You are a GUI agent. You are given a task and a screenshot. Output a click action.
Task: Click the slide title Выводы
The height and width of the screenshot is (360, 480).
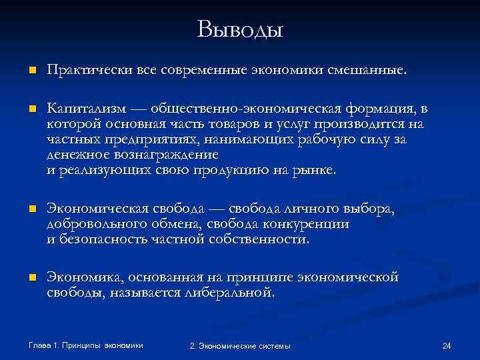tap(240, 30)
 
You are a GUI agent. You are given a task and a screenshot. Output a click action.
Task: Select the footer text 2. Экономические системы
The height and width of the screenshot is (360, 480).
tap(240, 345)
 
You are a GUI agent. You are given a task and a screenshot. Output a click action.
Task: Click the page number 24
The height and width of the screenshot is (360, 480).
tap(447, 345)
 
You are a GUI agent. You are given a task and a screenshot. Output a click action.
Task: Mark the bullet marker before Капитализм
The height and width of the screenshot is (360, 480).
tap(24, 109)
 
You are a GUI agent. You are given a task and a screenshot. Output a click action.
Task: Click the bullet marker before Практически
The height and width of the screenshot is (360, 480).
tap(24, 71)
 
